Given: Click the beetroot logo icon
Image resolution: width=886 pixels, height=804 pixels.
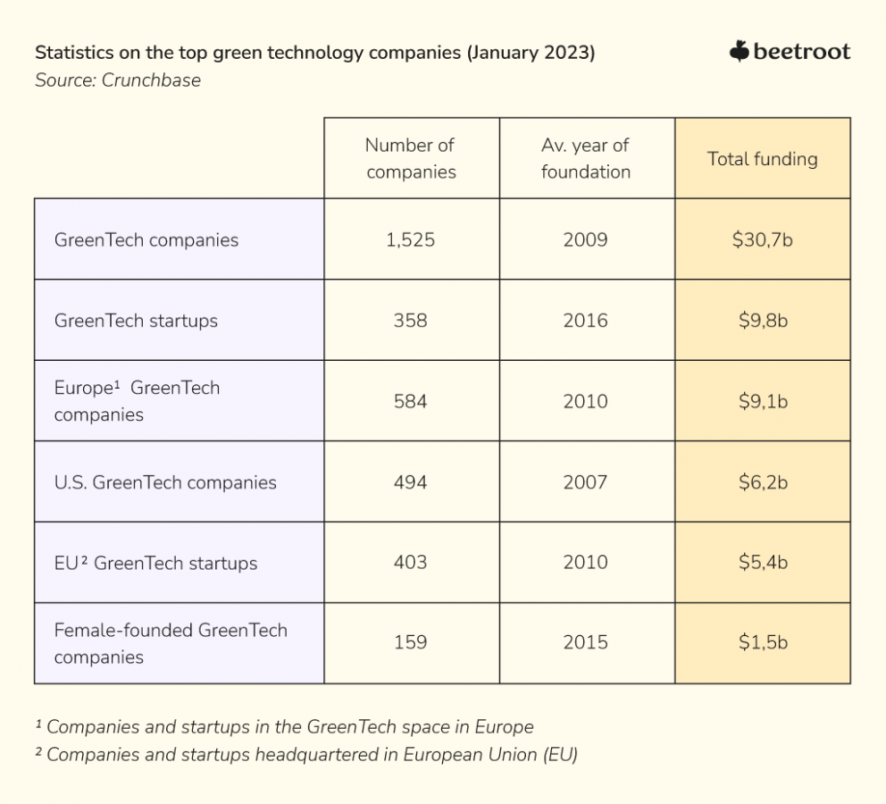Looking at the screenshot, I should pyautogui.click(x=739, y=52).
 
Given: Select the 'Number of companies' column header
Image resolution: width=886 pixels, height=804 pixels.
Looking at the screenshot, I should pyautogui.click(x=411, y=158).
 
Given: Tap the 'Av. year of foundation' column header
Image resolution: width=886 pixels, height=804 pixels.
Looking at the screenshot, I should pyautogui.click(x=586, y=158).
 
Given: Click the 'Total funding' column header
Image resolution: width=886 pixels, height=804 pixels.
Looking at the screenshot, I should pyautogui.click(x=762, y=159).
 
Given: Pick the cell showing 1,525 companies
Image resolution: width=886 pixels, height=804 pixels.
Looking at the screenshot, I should pyautogui.click(x=411, y=239).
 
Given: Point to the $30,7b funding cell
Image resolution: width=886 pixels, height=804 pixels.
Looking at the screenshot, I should pyautogui.click(x=763, y=239).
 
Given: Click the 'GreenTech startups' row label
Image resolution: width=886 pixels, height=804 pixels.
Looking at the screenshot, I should pyautogui.click(x=136, y=321).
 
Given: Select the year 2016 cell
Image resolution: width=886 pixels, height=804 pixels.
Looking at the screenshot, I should pyautogui.click(x=586, y=321).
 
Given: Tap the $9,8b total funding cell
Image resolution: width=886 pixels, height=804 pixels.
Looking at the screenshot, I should pyautogui.click(x=763, y=321).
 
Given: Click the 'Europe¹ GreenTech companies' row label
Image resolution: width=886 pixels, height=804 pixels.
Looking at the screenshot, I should pyautogui.click(x=137, y=401).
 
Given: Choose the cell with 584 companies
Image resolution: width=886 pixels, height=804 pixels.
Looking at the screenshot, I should pyautogui.click(x=411, y=401).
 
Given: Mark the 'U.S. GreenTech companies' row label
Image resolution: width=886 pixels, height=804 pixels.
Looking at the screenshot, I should pyautogui.click(x=165, y=482).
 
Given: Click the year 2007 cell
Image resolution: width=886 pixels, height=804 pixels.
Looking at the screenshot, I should pyautogui.click(x=586, y=482).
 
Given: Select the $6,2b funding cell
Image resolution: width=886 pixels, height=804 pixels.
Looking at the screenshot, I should pyautogui.click(x=763, y=482).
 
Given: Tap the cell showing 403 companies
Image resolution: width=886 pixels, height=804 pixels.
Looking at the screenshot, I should pyautogui.click(x=411, y=563).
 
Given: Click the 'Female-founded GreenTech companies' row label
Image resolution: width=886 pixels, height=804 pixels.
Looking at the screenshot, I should pyautogui.click(x=170, y=643).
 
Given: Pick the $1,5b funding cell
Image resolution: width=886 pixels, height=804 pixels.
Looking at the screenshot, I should pyautogui.click(x=763, y=642).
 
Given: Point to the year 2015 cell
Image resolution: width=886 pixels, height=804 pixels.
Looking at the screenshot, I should pyautogui.click(x=586, y=642).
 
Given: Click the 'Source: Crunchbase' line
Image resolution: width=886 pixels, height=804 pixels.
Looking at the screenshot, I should pyautogui.click(x=118, y=80).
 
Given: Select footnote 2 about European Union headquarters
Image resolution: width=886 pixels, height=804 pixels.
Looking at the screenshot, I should pyautogui.click(x=306, y=755).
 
